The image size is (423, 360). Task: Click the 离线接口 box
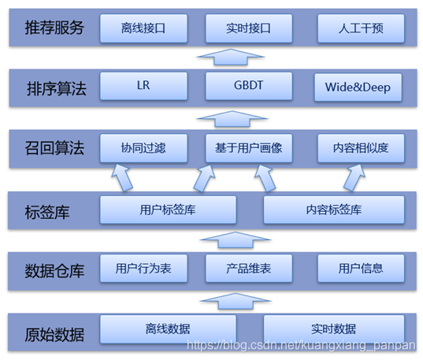pyautogui.click(x=143, y=28)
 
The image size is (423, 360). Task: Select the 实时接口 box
pyautogui.click(x=249, y=28)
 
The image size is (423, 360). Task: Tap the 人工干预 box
pyautogui.click(x=361, y=28)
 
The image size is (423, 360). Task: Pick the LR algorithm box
pyautogui.click(x=143, y=86)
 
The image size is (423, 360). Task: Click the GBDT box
pyautogui.click(x=249, y=86)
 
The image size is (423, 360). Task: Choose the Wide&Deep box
pyautogui.click(x=358, y=87)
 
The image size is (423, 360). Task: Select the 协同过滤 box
pyautogui.click(x=143, y=148)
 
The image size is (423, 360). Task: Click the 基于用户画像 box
pyautogui.click(x=249, y=148)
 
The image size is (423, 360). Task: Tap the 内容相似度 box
pyautogui.click(x=361, y=148)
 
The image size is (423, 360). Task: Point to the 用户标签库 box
pyautogui.click(x=168, y=210)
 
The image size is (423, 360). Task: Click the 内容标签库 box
pyautogui.click(x=334, y=210)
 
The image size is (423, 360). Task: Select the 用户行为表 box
pyautogui.click(x=143, y=269)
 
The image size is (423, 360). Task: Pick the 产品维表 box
pyautogui.click(x=249, y=269)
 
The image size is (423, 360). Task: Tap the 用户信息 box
pyautogui.click(x=361, y=269)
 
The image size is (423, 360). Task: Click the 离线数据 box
pyautogui.click(x=168, y=329)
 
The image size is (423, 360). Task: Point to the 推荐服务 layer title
pyautogui.click(x=54, y=28)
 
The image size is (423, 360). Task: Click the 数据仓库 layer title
pyautogui.click(x=54, y=271)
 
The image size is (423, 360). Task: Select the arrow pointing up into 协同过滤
pyautogui.click(x=122, y=177)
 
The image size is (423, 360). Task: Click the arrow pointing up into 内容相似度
pyautogui.click(x=354, y=177)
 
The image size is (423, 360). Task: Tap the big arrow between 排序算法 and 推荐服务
pyautogui.click(x=231, y=58)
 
